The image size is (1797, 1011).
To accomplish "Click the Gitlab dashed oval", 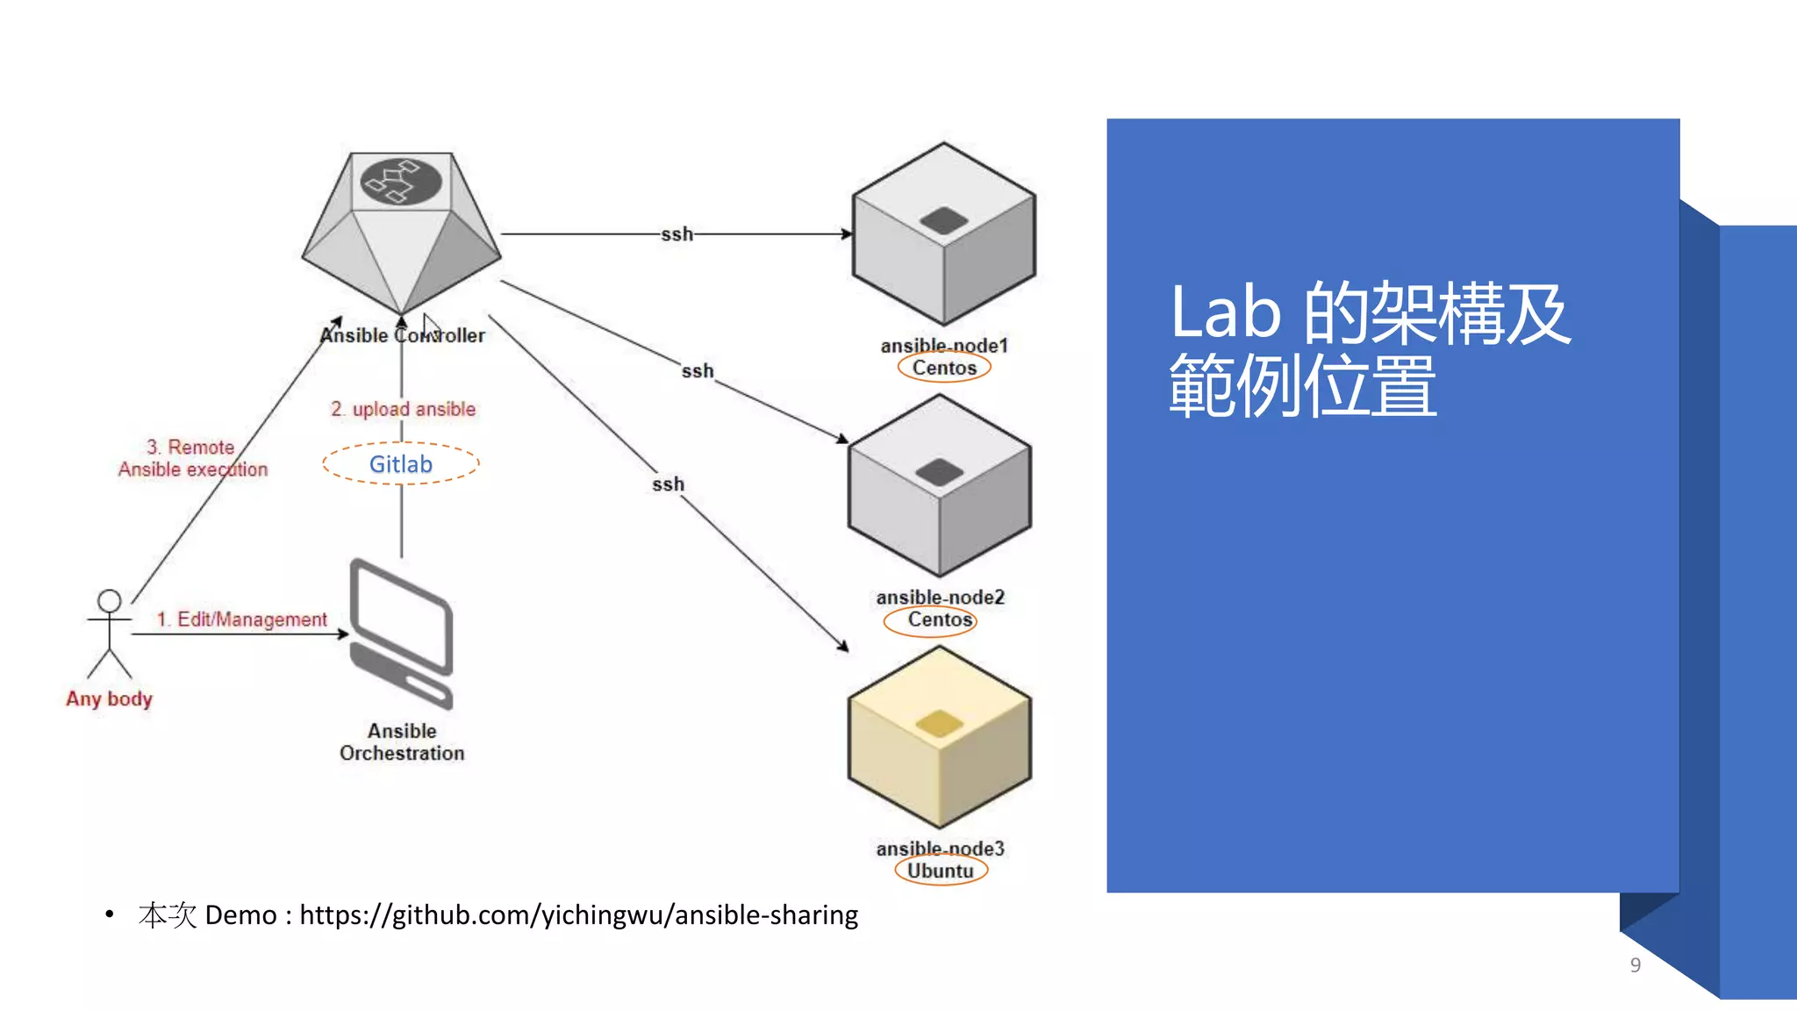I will click(401, 464).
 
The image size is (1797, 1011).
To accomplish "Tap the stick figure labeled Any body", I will click(109, 635).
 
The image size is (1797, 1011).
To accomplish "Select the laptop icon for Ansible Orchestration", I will click(402, 634).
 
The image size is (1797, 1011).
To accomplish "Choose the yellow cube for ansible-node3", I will click(939, 737).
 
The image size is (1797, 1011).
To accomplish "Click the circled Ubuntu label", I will click(941, 871).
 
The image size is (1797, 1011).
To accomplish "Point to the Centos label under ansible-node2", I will click(939, 620).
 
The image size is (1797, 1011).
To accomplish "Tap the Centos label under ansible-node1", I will click(944, 368).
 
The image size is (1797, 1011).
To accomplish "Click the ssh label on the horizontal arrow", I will click(677, 234).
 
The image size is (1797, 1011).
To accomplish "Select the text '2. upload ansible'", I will click(404, 409).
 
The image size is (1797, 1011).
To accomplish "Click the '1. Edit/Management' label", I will click(241, 620).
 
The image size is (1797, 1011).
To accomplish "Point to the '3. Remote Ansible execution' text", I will click(193, 458).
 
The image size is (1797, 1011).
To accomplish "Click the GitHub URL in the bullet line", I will click(578, 915).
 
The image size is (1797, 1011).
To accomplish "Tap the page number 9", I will click(1635, 965).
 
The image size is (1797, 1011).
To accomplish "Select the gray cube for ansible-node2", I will click(939, 485).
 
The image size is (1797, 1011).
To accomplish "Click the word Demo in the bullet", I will click(240, 915).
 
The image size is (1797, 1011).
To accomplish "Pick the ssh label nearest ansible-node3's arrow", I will click(668, 484).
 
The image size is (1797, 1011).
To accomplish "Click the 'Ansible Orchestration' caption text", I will click(402, 742).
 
